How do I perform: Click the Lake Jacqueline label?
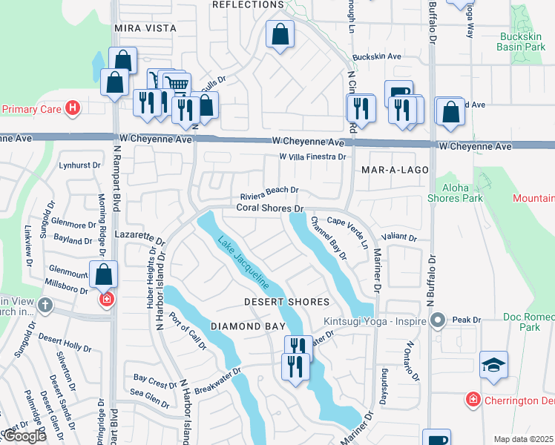click(x=242, y=263)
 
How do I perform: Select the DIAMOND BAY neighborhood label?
click(x=247, y=326)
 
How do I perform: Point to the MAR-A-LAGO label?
click(x=395, y=170)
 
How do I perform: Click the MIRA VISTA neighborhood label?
click(x=145, y=28)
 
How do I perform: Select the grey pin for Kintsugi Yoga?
click(x=438, y=321)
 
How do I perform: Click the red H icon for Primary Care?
click(x=72, y=109)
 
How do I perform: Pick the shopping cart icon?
click(x=176, y=84)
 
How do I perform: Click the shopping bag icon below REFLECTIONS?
click(x=280, y=34)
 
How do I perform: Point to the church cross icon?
click(x=45, y=305)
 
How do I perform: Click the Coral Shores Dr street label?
click(x=270, y=208)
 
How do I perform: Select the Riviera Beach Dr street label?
click(x=269, y=190)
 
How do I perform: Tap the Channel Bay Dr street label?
click(x=329, y=237)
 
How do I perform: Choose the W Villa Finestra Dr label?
click(x=312, y=157)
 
